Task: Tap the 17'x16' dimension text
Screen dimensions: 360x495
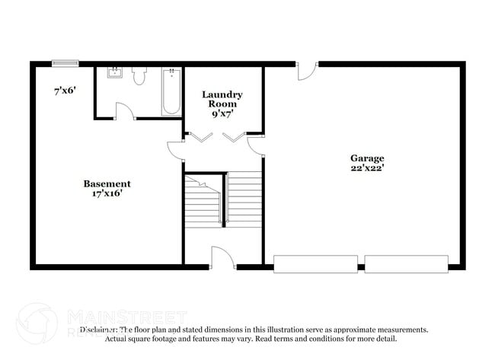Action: pyautogui.click(x=107, y=193)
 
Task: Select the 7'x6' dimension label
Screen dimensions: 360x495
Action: pyautogui.click(x=65, y=91)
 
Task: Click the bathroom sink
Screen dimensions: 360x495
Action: pyautogui.click(x=115, y=74)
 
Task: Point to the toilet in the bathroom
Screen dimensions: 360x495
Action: pyautogui.click(x=139, y=75)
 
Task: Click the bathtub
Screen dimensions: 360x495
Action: pyautogui.click(x=171, y=91)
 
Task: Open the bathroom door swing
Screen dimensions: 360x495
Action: pyautogui.click(x=124, y=111)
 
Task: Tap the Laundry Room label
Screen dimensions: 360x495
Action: pyautogui.click(x=222, y=99)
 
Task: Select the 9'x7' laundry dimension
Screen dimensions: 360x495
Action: pyautogui.click(x=222, y=113)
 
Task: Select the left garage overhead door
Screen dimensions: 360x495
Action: pyautogui.click(x=315, y=264)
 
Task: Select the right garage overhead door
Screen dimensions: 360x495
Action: pyautogui.click(x=405, y=264)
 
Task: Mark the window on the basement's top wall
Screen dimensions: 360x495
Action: pyautogui.click(x=65, y=64)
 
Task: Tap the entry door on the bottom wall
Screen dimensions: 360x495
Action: pyautogui.click(x=222, y=259)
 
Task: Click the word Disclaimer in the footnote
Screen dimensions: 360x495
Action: pyautogui.click(x=99, y=330)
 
